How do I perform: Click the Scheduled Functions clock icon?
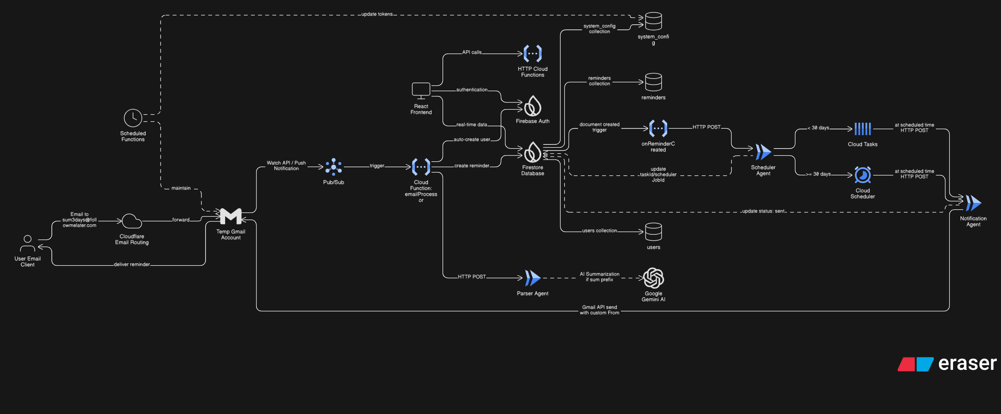pyautogui.click(x=133, y=118)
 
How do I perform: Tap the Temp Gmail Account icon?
pyautogui.click(x=231, y=216)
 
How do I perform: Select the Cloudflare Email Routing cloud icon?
pyautogui.click(x=132, y=221)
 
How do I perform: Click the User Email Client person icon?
pyautogui.click(x=28, y=243)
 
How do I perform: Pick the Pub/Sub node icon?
pyautogui.click(x=333, y=167)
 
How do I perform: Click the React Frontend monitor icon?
pyautogui.click(x=421, y=90)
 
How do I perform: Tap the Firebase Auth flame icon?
pyautogui.click(x=533, y=106)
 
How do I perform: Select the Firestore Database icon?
pyautogui.click(x=533, y=152)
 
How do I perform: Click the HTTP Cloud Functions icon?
pyautogui.click(x=533, y=54)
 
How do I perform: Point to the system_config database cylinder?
pyautogui.click(x=653, y=21)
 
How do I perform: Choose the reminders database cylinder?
pyautogui.click(x=653, y=82)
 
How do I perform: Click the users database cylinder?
pyautogui.click(x=653, y=232)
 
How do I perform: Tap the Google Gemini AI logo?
pyautogui.click(x=653, y=278)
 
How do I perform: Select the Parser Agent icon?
pyautogui.click(x=533, y=278)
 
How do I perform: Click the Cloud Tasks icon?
pyautogui.click(x=863, y=129)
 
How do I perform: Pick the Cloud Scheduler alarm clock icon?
pyautogui.click(x=863, y=175)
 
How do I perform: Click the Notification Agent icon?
pyautogui.click(x=973, y=203)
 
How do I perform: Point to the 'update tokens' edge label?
pyautogui.click(x=377, y=14)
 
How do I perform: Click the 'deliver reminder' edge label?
pyautogui.click(x=132, y=265)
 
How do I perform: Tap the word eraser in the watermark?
pyautogui.click(x=967, y=363)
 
